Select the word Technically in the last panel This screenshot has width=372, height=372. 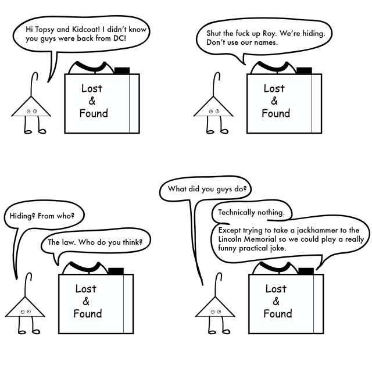click(x=237, y=212)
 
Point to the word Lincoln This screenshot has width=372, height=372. click(x=228, y=239)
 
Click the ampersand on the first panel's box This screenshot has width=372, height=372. click(x=92, y=101)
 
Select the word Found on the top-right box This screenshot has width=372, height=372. click(x=276, y=113)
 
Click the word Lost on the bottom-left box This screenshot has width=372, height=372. click(x=86, y=289)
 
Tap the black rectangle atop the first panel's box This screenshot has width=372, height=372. click(x=122, y=71)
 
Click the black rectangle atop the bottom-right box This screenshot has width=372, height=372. click(x=306, y=271)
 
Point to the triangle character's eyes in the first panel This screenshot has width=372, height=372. click(x=31, y=111)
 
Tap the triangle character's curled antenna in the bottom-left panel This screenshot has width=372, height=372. click(x=28, y=285)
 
